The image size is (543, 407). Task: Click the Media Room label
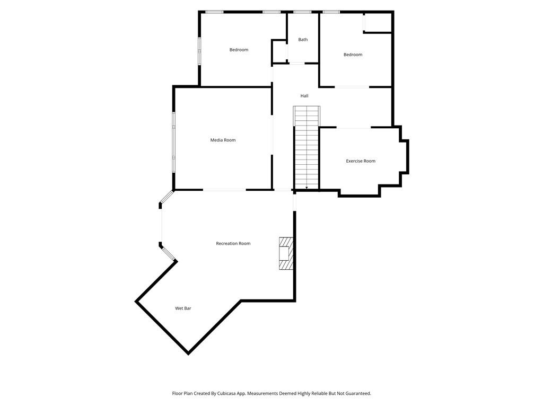pyautogui.click(x=223, y=140)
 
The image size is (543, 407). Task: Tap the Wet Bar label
pyautogui.click(x=183, y=308)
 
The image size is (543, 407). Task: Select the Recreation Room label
pyautogui.click(x=233, y=243)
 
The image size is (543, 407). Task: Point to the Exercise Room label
pyautogui.click(x=361, y=161)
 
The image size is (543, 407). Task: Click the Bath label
pyautogui.click(x=303, y=39)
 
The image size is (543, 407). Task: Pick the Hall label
pyautogui.click(x=304, y=95)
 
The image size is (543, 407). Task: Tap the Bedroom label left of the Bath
pyautogui.click(x=239, y=50)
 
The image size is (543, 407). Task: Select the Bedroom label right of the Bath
pyautogui.click(x=353, y=55)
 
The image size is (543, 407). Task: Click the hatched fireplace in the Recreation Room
pyautogui.click(x=286, y=253)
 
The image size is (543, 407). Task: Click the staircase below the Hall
pyautogui.click(x=307, y=148)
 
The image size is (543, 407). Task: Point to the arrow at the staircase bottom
pyautogui.click(x=306, y=188)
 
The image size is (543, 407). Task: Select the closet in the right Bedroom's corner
pyautogui.click(x=378, y=22)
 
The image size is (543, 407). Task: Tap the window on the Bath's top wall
pyautogui.click(x=302, y=12)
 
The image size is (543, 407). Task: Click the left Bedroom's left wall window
pyautogui.click(x=199, y=50)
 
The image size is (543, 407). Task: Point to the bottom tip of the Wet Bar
pyautogui.click(x=188, y=353)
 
